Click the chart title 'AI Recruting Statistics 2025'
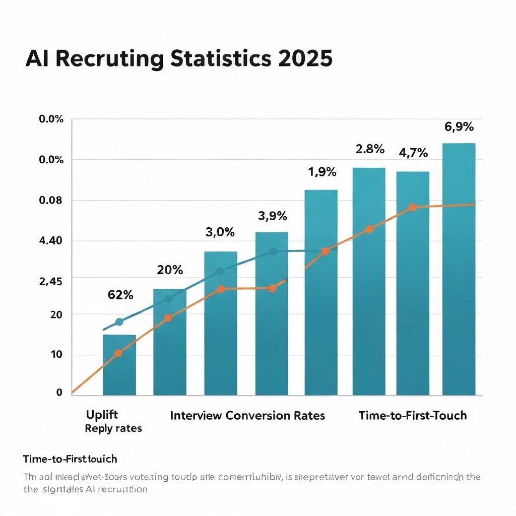tap(179, 59)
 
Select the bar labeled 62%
tap(119, 365)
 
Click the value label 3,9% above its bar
tap(272, 216)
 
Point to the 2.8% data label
tap(370, 149)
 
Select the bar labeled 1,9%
tap(321, 292)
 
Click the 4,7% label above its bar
tap(413, 152)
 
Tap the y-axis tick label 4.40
tap(50, 241)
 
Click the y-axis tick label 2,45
tap(50, 282)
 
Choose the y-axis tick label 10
tap(56, 355)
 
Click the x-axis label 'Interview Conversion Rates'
tap(247, 416)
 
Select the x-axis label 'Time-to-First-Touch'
tap(413, 416)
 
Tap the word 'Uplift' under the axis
tap(102, 415)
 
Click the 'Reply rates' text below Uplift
tap(113, 429)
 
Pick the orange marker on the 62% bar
tap(118, 353)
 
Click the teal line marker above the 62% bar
tap(119, 322)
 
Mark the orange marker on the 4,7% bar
tap(412, 208)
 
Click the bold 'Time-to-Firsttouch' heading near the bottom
tap(70, 459)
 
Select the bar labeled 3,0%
tap(221, 322)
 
